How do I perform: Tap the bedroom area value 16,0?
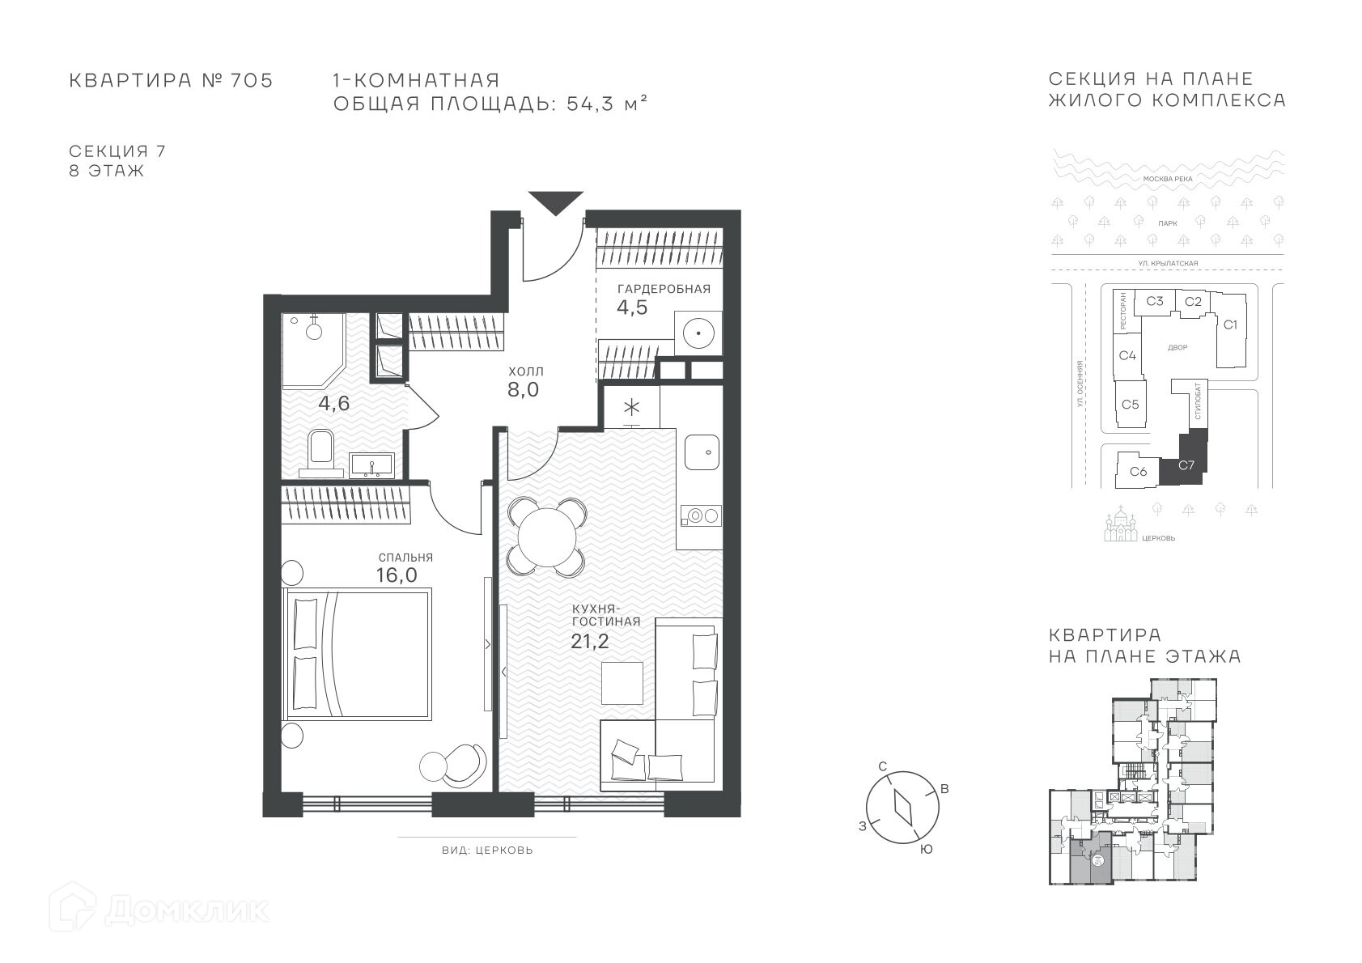point(397,575)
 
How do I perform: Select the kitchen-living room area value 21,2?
point(590,641)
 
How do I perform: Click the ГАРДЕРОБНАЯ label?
point(664,289)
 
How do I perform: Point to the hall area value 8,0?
point(524,390)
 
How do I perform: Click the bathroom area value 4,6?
point(333,403)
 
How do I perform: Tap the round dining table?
point(547,537)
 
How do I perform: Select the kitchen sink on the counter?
point(702,452)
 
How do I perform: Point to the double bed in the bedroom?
point(358,654)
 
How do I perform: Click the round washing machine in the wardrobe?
point(698,333)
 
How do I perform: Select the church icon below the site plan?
point(1121,524)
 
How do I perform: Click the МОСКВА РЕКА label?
point(1168,179)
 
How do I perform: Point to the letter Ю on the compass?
point(926,850)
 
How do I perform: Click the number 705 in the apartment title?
point(252,80)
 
